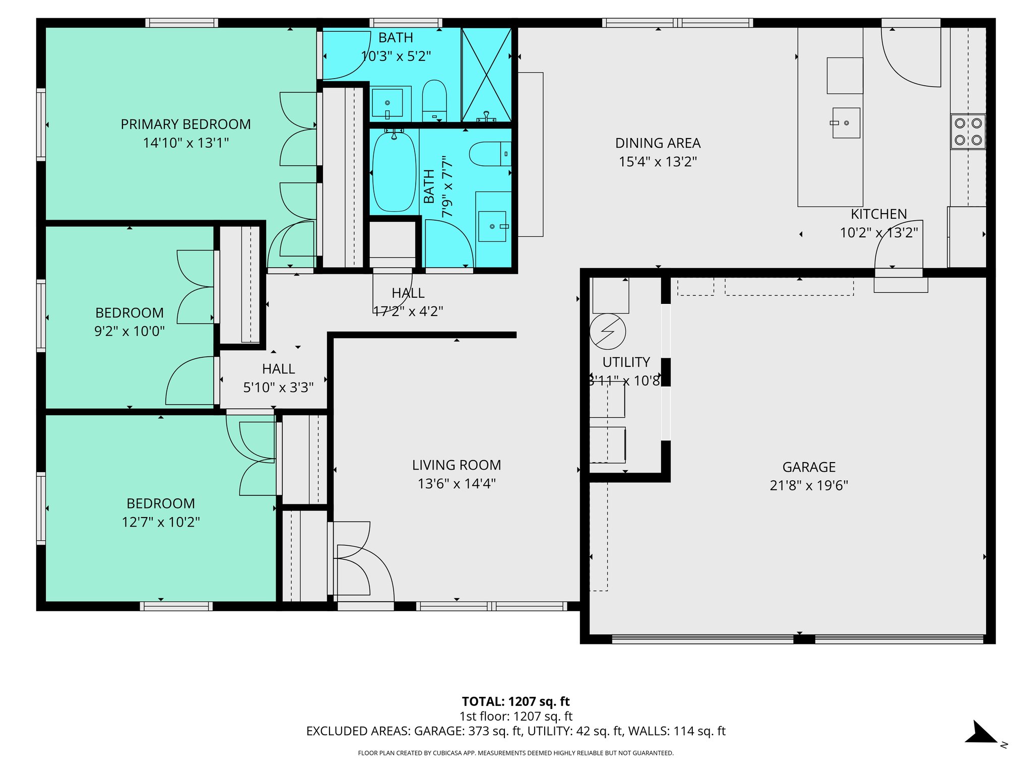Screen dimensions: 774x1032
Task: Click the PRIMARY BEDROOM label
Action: click(185, 124)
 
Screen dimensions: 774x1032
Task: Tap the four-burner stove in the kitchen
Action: click(968, 132)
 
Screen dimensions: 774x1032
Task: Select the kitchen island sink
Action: click(846, 123)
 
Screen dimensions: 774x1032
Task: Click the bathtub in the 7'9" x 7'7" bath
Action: click(394, 171)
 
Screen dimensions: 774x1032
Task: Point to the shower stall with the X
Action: click(487, 74)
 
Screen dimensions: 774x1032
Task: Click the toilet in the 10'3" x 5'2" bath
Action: click(434, 97)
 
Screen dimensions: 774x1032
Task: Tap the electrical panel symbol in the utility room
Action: click(608, 332)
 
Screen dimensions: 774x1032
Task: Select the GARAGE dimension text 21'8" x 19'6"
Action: click(809, 486)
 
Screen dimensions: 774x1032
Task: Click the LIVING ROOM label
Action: click(457, 465)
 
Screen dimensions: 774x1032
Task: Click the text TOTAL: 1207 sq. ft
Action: click(515, 701)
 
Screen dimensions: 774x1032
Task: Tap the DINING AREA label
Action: click(658, 143)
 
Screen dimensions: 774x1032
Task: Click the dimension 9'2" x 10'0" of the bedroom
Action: click(130, 332)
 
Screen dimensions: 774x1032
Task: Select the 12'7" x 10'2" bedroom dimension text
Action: click(161, 522)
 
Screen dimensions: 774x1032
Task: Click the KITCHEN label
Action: click(878, 214)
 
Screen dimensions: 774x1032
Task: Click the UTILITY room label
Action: click(626, 362)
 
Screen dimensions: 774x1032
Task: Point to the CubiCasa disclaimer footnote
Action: click(515, 753)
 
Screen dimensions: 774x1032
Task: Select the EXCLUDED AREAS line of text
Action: click(515, 731)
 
